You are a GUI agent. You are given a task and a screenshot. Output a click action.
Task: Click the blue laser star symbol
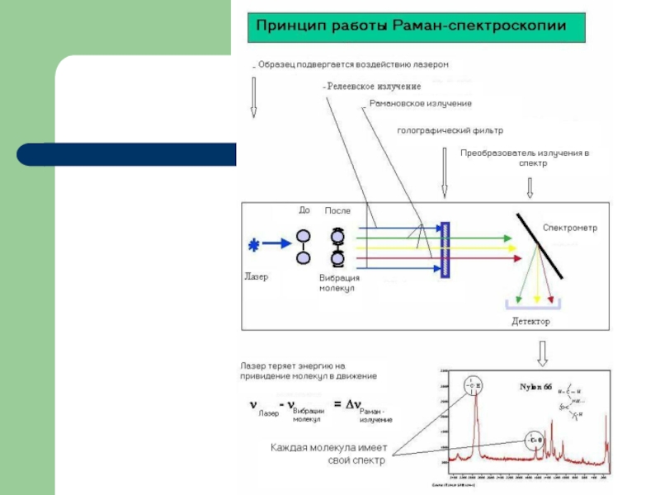[x=254, y=244]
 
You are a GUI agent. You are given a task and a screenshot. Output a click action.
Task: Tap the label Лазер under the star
[x=257, y=276]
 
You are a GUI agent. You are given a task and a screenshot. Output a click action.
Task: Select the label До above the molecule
[x=304, y=210]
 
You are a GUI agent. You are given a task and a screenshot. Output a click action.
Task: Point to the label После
[x=337, y=210]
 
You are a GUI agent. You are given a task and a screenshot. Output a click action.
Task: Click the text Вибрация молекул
[x=339, y=283]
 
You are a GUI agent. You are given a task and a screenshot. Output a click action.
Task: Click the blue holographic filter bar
[x=445, y=249]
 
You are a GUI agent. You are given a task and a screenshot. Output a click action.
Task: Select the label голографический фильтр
[x=450, y=130]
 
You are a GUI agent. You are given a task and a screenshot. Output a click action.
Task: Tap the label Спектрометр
[x=569, y=227]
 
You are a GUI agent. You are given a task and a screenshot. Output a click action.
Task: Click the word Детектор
[x=530, y=321]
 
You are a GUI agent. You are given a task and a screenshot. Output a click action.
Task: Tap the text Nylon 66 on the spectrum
[x=536, y=386]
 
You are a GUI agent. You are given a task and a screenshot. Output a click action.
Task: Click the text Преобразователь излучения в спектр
[x=525, y=158]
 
